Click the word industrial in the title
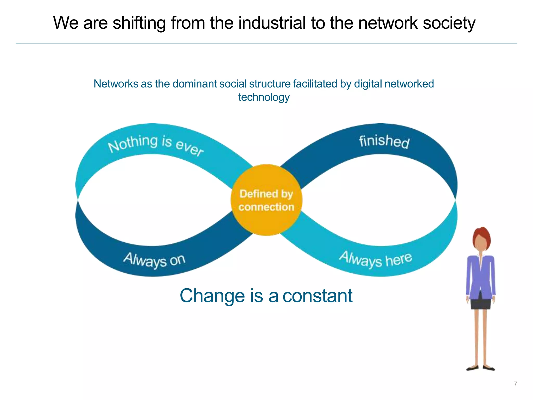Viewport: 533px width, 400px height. pyautogui.click(x=272, y=23)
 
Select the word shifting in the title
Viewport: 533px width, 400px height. pyautogui.click(x=139, y=23)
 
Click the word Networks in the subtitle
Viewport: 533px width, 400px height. pyautogui.click(x=116, y=84)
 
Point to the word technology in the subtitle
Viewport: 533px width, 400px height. pyautogui.click(x=264, y=97)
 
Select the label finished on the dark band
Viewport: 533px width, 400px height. pyautogui.click(x=384, y=141)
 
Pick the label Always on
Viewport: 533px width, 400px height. pyautogui.click(x=154, y=260)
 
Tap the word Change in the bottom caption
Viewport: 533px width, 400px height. pyautogui.click(x=212, y=296)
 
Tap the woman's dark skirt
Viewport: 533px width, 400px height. pyautogui.click(x=481, y=304)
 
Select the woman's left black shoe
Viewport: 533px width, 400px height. pyautogui.click(x=472, y=368)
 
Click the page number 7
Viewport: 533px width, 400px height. pyautogui.click(x=515, y=384)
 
